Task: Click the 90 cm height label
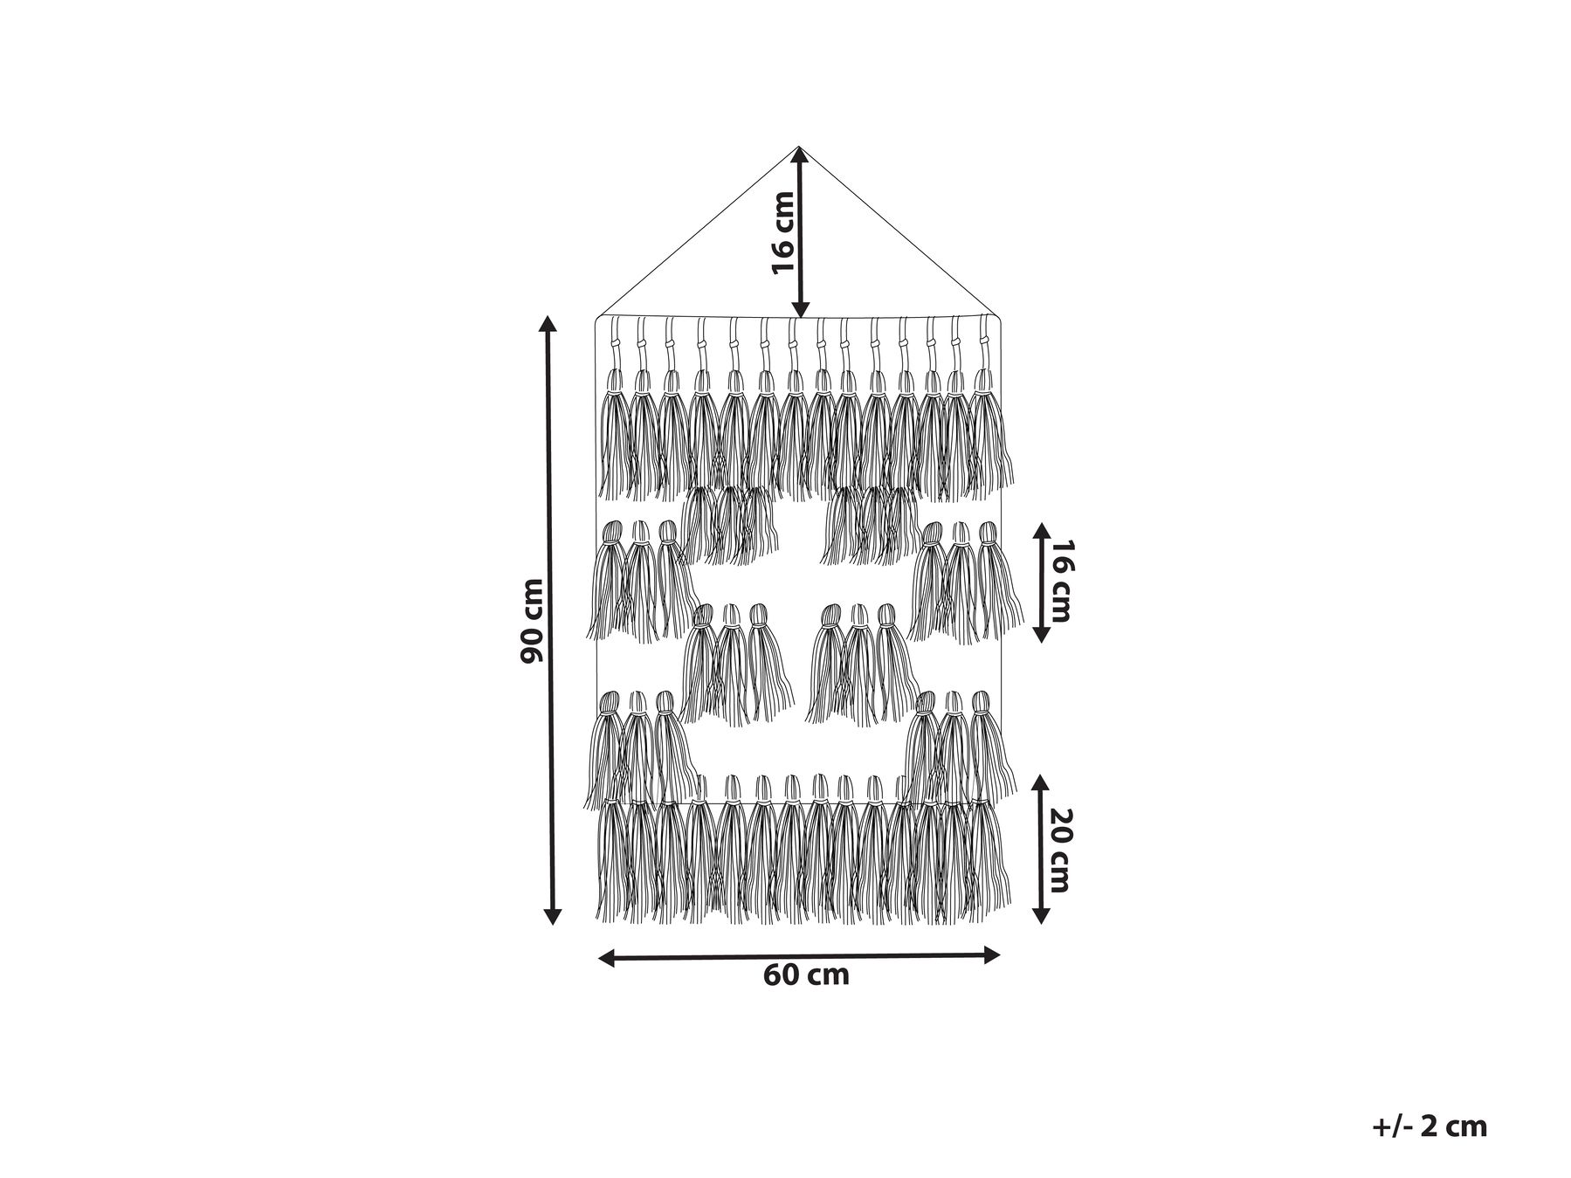pyautogui.click(x=532, y=620)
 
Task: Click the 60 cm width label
pyautogui.click(x=806, y=975)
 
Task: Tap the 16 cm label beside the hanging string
pyautogui.click(x=783, y=232)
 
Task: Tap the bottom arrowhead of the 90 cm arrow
pyautogui.click(x=551, y=915)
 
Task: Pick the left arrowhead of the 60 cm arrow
pyautogui.click(x=608, y=958)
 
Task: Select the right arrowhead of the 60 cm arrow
pyautogui.click(x=990, y=954)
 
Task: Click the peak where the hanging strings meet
pyautogui.click(x=799, y=147)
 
